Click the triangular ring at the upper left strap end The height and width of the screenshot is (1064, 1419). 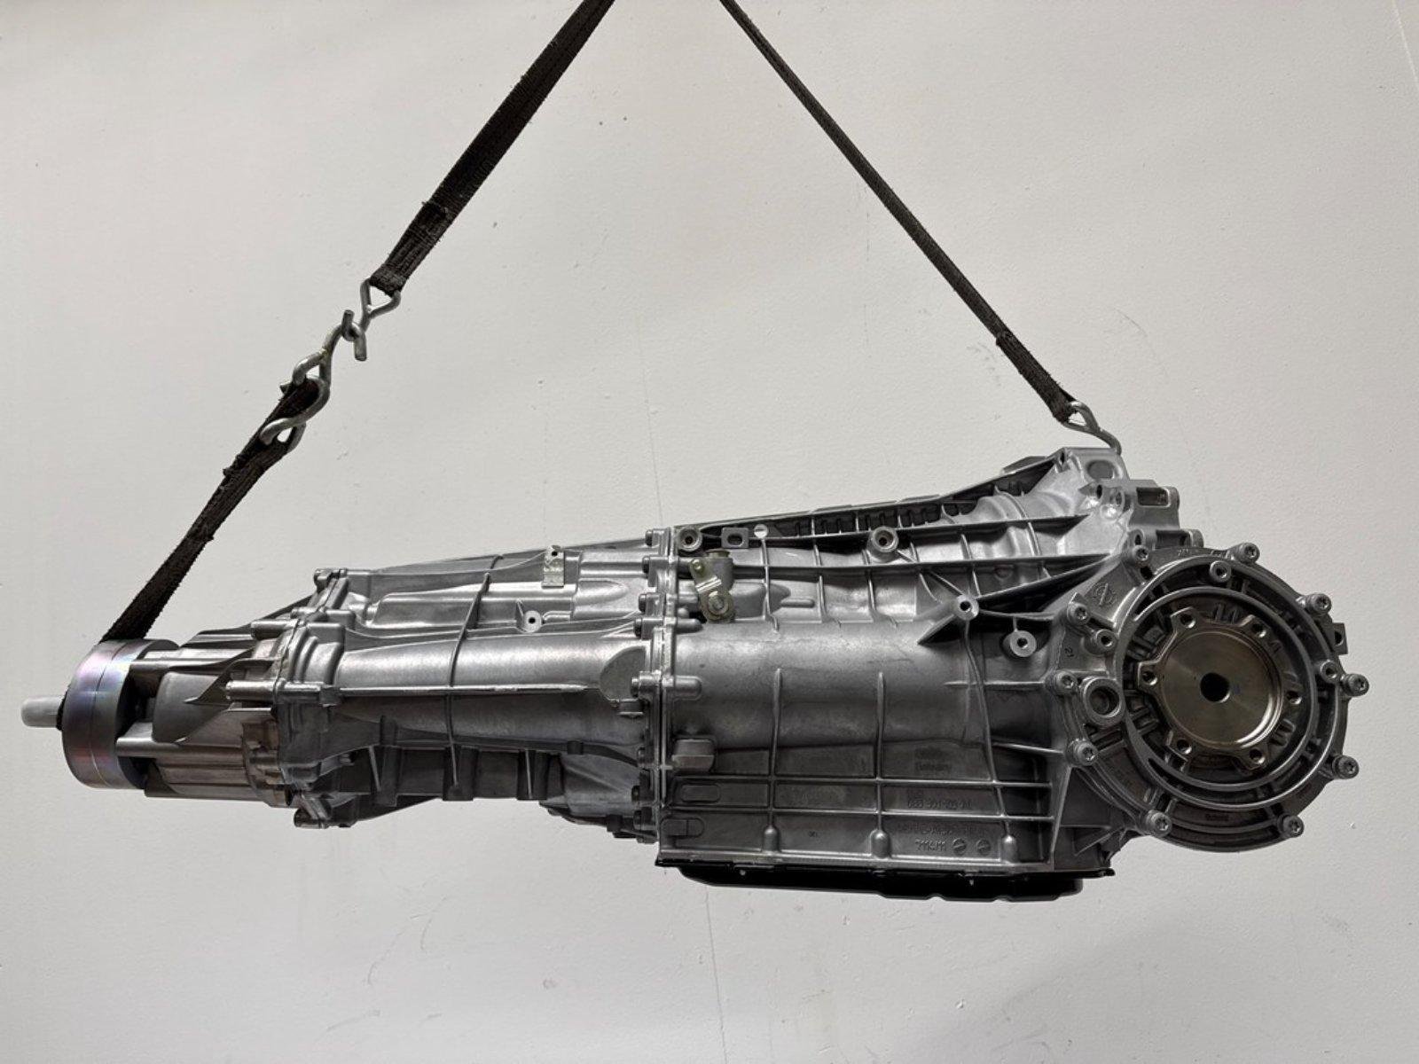pos(376,293)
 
